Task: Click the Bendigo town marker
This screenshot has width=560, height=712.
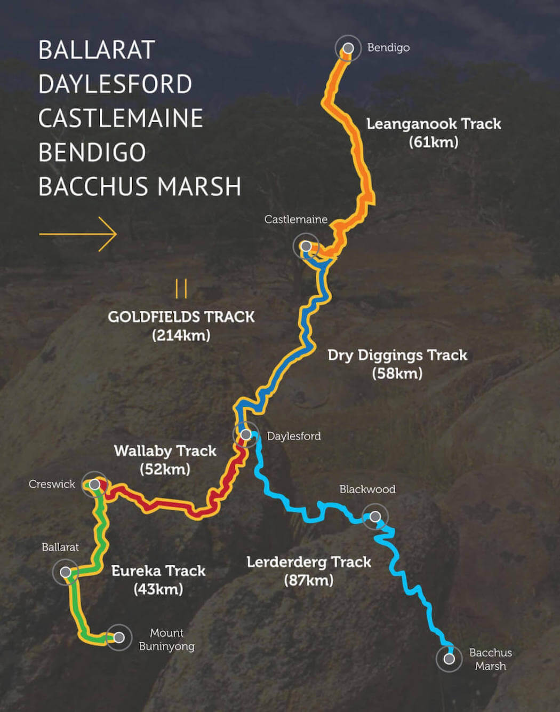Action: click(348, 49)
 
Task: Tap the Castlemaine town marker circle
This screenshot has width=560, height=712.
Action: click(306, 246)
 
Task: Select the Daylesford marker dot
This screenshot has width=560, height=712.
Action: click(246, 434)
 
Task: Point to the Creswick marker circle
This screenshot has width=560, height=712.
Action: click(94, 485)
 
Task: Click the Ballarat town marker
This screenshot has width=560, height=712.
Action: click(66, 572)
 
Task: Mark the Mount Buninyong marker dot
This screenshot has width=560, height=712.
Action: click(119, 637)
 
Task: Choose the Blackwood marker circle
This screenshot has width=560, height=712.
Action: click(375, 516)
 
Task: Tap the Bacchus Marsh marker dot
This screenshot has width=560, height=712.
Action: click(449, 659)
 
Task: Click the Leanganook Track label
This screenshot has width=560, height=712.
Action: click(433, 124)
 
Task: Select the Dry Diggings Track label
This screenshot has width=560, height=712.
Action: click(397, 355)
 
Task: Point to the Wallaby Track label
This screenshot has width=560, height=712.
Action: click(165, 451)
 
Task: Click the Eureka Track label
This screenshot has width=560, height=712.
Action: click(158, 571)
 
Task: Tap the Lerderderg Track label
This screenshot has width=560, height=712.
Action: click(308, 562)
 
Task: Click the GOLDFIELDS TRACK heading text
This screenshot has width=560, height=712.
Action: click(181, 317)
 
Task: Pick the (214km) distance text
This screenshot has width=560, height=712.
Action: click(181, 335)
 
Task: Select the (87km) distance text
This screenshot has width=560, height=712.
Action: click(308, 580)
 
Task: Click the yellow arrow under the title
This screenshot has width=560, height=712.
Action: click(78, 233)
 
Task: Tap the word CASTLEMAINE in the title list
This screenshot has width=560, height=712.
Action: click(121, 118)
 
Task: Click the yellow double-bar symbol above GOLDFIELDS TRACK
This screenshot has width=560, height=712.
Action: click(181, 288)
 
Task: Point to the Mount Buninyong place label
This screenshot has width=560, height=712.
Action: click(166, 639)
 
